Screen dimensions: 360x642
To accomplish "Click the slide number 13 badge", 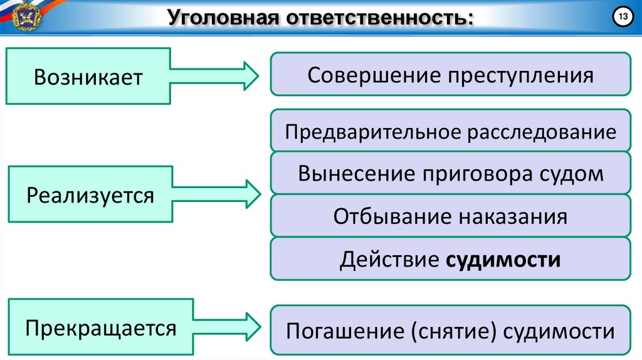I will tap(624, 16).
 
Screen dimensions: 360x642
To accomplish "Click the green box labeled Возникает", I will tap(88, 77).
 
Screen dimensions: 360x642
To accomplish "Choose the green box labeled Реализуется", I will tap(90, 195).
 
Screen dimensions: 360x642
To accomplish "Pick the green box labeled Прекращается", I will tap(100, 327).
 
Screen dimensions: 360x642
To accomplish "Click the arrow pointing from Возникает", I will tap(213, 77).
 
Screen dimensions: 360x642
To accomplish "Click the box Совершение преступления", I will tap(450, 75).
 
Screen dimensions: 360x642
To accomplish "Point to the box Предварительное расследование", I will tap(450, 132).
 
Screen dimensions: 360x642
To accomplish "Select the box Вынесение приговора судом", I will tap(450, 174).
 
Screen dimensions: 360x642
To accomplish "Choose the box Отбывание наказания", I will tap(450, 216).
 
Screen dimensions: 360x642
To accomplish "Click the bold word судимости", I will tap(503, 259).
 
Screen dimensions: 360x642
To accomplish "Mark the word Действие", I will tap(389, 259).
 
